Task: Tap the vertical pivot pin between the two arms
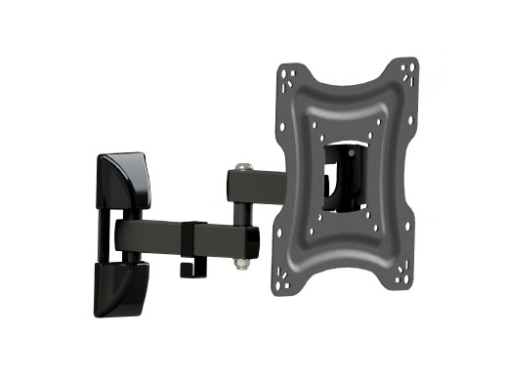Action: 240,215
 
